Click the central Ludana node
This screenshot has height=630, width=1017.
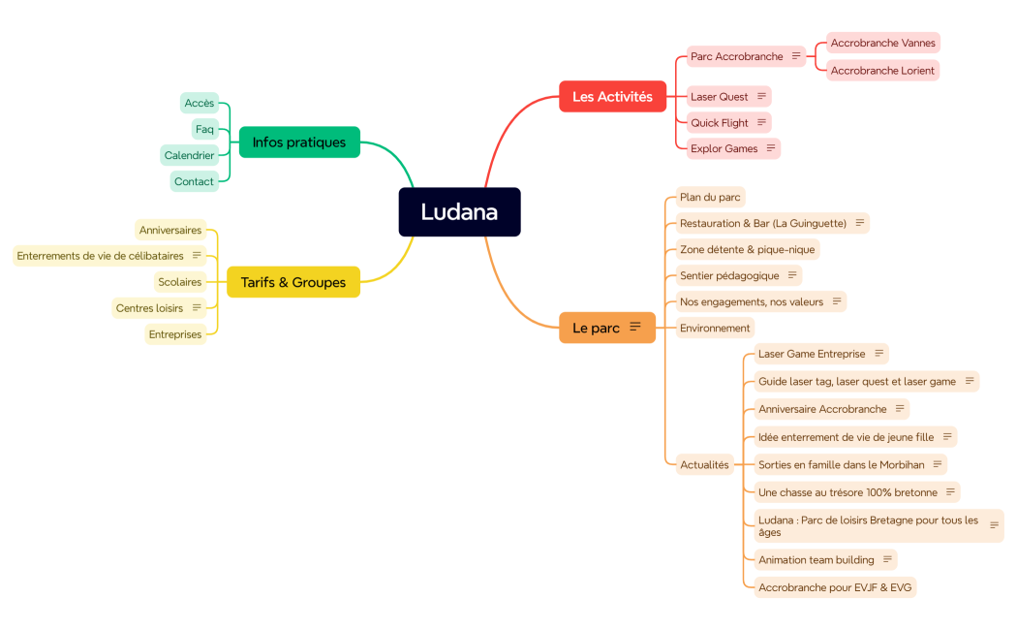coord(459,212)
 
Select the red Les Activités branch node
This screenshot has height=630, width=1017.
coord(612,97)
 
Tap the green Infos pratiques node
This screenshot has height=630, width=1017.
coord(298,142)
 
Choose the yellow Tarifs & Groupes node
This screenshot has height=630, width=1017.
coord(293,282)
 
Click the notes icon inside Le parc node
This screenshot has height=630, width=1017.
coord(635,327)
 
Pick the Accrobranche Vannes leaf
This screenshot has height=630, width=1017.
coord(882,43)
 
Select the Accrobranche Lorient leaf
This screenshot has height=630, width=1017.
coord(882,70)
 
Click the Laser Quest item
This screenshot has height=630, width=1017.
coord(719,97)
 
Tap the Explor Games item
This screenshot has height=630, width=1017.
coord(724,148)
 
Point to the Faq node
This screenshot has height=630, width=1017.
coord(204,129)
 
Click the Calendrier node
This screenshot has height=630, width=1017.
coord(189,155)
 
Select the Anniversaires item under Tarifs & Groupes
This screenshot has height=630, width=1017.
coord(170,230)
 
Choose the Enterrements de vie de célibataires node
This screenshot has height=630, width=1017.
coord(100,256)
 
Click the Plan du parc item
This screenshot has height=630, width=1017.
coord(710,197)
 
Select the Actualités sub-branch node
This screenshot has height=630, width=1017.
coord(704,464)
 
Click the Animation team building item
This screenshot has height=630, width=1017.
coord(816,559)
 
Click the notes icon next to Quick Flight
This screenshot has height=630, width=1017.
coord(761,122)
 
